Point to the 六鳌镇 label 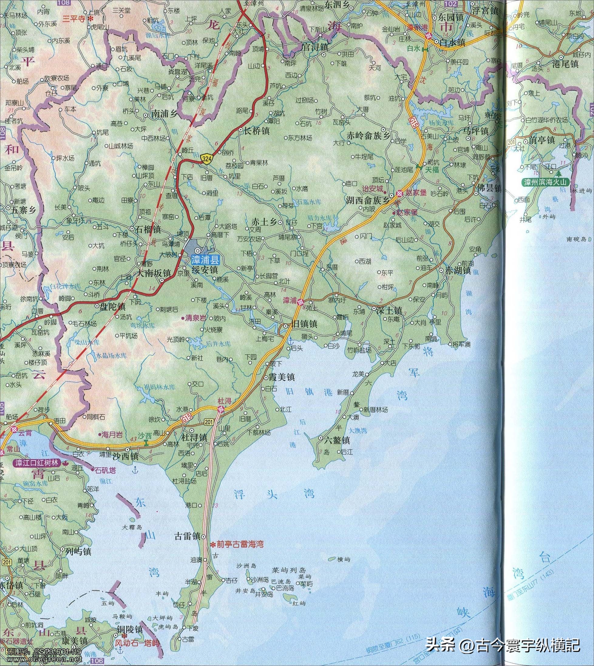[337, 440]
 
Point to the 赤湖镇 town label [459, 270]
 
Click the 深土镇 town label [387, 309]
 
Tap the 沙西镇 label [126, 456]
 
